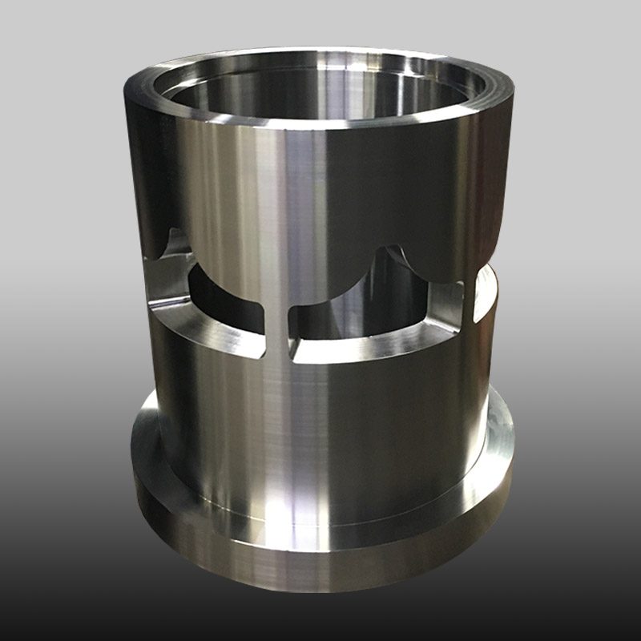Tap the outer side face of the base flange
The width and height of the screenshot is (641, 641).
[x=320, y=561]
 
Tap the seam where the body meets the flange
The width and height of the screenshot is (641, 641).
[x=320, y=513]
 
